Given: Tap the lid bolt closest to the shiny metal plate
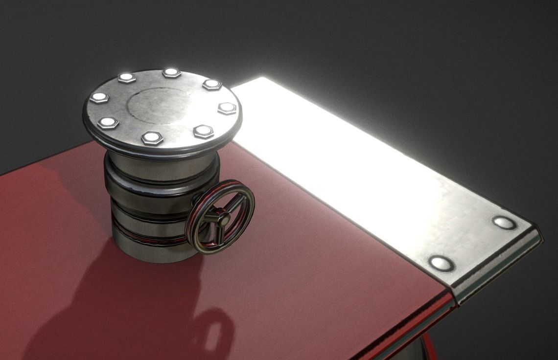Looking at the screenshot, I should [227, 108].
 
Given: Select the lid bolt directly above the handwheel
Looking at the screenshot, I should [203, 131].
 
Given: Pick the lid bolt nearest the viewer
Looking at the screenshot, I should [152, 138].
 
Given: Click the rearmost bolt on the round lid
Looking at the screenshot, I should [171, 73].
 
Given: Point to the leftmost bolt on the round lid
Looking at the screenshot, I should [99, 97].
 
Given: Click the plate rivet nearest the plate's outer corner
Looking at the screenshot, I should [504, 223].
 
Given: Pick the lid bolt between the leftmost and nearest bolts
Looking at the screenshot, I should [108, 122].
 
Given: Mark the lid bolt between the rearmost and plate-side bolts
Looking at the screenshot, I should [212, 84].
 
